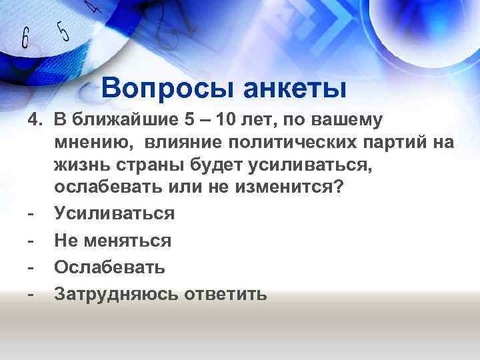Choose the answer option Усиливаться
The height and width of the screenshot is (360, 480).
click(114, 213)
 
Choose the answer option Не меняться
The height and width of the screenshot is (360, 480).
click(113, 240)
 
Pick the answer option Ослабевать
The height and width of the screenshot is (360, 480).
click(109, 267)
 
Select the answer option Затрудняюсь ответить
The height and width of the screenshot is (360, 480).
click(161, 294)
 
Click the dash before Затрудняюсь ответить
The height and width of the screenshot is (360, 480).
click(31, 294)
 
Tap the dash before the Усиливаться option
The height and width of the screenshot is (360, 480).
click(31, 213)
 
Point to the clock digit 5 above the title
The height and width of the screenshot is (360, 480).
click(63, 31)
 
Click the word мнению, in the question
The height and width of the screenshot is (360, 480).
click(96, 142)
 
